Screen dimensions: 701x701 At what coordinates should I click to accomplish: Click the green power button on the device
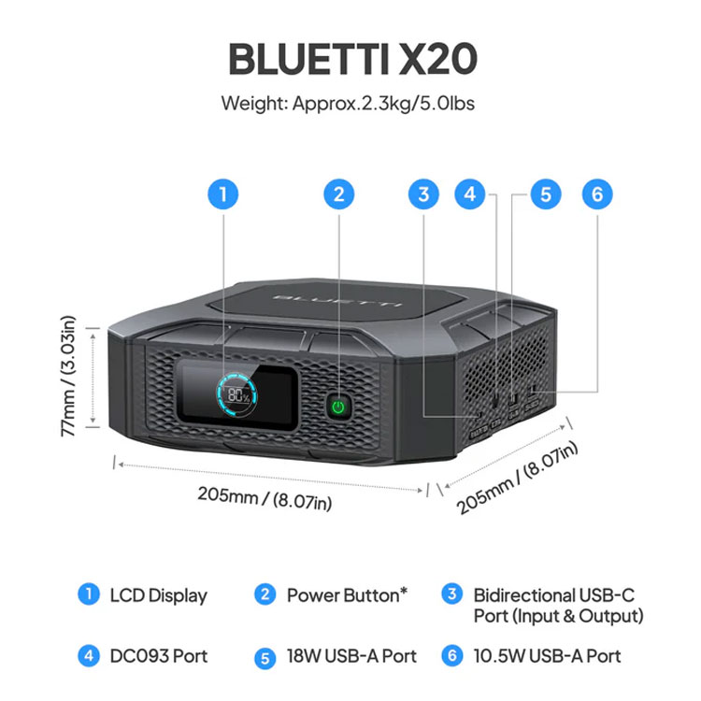[x=338, y=407]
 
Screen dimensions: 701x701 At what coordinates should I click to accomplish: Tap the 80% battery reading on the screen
[x=238, y=395]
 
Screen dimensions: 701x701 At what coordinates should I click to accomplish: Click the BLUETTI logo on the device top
[x=336, y=300]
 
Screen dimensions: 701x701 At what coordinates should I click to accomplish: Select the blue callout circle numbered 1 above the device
[x=223, y=194]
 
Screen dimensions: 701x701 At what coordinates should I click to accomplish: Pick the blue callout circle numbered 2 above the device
[x=339, y=194]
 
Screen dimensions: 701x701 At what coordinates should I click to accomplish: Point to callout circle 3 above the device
[x=423, y=194]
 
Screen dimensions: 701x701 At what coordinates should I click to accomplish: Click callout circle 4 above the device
[x=469, y=194]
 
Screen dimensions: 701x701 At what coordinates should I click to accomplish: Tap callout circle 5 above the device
[x=546, y=194]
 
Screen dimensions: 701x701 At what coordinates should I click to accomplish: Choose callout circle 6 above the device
[x=597, y=194]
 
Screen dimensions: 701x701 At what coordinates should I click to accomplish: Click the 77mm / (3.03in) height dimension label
[x=68, y=377]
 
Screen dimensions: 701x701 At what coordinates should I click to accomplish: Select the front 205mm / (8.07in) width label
[x=265, y=498]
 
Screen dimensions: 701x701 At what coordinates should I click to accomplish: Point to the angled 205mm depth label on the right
[x=517, y=478]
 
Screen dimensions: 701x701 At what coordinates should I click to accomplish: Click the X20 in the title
[x=437, y=59]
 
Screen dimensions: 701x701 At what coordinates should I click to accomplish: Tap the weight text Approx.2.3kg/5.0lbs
[x=383, y=104]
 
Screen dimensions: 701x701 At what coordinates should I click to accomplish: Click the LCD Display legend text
[x=159, y=595]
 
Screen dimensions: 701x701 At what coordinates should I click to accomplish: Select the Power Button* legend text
[x=347, y=595]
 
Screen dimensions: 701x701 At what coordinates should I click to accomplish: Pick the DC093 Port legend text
[x=159, y=656]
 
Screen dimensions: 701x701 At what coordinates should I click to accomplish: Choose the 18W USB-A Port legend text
[x=351, y=656]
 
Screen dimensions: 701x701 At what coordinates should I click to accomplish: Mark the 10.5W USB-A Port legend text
[x=547, y=656]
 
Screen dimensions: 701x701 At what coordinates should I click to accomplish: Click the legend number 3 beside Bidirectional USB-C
[x=452, y=594]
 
